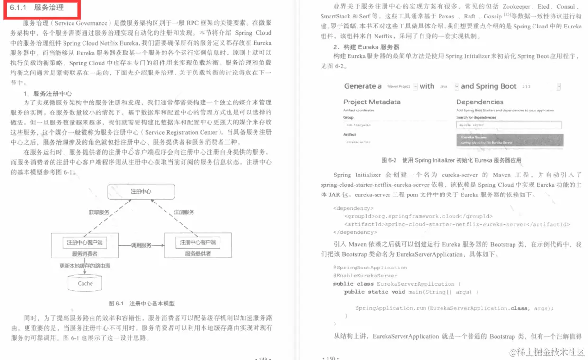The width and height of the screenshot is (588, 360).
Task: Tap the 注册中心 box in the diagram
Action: [141, 191]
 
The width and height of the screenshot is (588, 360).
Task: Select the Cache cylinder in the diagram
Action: [85, 283]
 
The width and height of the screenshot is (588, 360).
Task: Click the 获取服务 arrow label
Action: [99, 212]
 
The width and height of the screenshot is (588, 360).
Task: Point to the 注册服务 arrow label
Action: [184, 212]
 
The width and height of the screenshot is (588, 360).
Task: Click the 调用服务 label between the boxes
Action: [141, 245]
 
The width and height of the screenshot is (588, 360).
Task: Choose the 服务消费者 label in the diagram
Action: [84, 254]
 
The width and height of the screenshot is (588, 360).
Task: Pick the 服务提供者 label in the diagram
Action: [198, 254]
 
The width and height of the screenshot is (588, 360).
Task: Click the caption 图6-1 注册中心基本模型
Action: [141, 303]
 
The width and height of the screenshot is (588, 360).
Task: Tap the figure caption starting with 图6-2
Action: [451, 160]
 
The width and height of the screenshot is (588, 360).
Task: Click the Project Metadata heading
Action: [372, 102]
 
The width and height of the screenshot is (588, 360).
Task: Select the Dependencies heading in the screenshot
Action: [479, 102]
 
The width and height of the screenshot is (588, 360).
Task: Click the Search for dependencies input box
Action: [508, 125]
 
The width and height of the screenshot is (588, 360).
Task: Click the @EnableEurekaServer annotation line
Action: [365, 276]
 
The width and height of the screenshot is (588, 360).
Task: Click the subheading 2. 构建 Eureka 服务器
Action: [366, 47]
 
